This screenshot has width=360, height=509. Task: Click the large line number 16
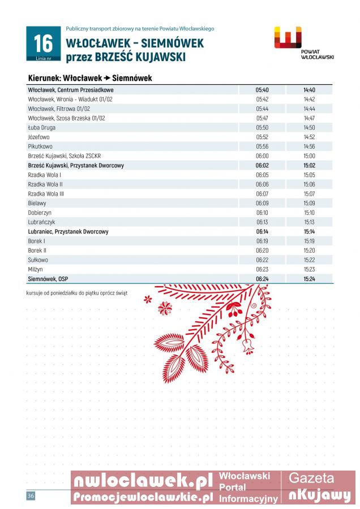click(x=43, y=43)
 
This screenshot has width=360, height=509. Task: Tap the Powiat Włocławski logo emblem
click(x=288, y=38)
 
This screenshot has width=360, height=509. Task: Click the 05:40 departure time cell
click(x=262, y=90)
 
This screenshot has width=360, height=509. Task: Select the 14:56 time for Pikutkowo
click(x=309, y=146)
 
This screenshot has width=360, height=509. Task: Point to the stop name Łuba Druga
click(x=41, y=128)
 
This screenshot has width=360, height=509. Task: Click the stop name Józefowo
click(x=38, y=137)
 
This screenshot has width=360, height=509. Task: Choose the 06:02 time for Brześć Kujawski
click(x=262, y=166)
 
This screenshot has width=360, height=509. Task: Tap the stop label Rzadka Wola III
click(x=46, y=194)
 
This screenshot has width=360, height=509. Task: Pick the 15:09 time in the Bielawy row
click(x=309, y=203)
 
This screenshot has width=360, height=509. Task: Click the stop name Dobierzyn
click(x=40, y=213)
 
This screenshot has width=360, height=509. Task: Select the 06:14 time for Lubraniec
click(x=262, y=232)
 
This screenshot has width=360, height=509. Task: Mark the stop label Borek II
click(x=37, y=251)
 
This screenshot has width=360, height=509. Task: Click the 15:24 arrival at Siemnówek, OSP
click(x=309, y=279)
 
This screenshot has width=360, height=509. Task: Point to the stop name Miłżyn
click(x=36, y=270)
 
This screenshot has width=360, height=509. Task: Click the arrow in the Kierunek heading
click(x=106, y=79)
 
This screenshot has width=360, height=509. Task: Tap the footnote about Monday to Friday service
click(x=77, y=293)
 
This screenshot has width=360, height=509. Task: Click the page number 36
click(x=31, y=496)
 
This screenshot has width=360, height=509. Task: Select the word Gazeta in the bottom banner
click(x=311, y=478)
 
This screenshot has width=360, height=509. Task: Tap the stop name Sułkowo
click(x=38, y=260)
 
